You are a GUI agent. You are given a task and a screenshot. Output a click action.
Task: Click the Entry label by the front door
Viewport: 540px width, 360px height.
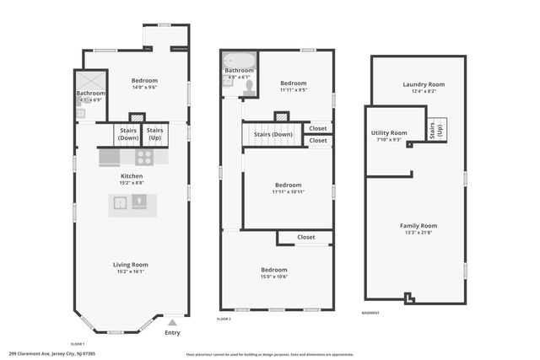(172, 332)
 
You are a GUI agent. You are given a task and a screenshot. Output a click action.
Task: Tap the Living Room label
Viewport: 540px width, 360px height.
(131, 265)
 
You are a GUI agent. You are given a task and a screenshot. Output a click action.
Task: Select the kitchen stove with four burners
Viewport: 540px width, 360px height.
(144, 157)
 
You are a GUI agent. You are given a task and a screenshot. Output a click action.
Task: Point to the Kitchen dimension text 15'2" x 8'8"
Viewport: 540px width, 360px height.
(131, 182)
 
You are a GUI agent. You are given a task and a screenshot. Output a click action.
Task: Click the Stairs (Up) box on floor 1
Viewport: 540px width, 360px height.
(155, 134)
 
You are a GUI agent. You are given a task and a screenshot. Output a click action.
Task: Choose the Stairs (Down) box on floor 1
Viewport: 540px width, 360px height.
(127, 134)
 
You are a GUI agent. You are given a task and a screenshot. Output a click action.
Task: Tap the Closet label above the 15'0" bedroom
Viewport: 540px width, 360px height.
(305, 237)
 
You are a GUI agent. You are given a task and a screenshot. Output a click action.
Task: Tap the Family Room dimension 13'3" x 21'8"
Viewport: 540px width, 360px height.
(418, 233)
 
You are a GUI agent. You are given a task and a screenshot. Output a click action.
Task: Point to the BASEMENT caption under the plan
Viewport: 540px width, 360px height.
(370, 313)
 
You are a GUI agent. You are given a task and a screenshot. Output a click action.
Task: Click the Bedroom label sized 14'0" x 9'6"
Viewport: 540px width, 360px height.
(131, 82)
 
